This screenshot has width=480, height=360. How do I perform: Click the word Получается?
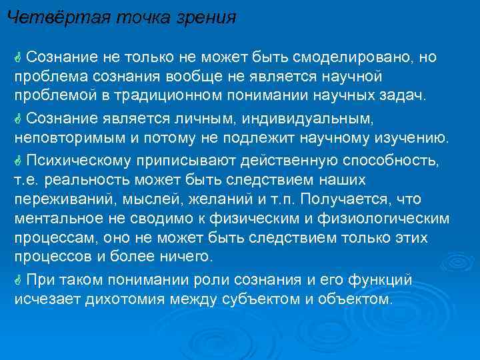point(356,200)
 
